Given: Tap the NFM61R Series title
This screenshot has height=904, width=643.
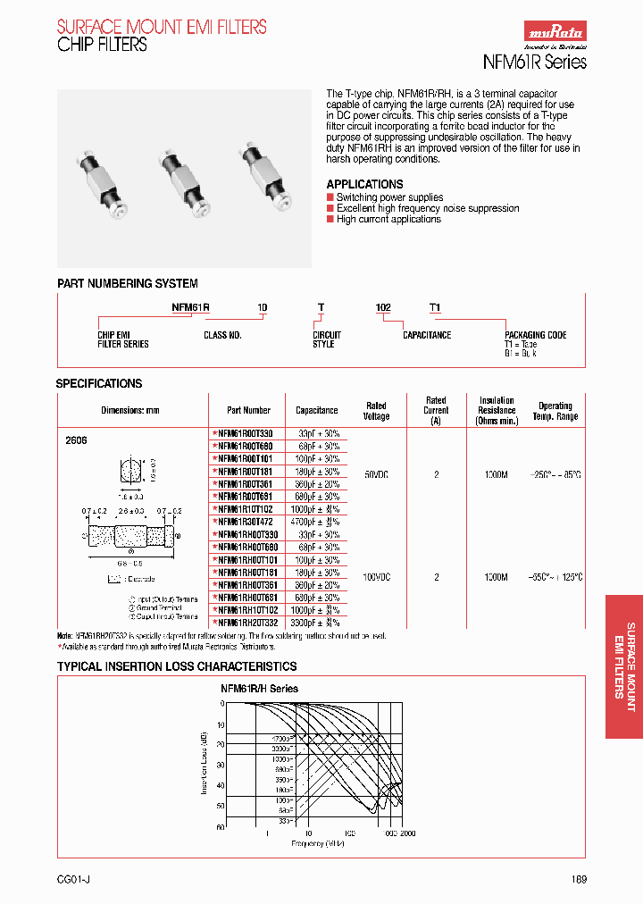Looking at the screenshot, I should (534, 62).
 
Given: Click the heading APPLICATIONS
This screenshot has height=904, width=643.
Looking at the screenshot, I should (364, 184).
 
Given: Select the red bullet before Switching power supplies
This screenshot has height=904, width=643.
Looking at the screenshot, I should (330, 197).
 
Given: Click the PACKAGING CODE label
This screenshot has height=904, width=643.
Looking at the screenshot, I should (535, 335).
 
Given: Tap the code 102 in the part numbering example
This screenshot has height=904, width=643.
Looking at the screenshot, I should (382, 307).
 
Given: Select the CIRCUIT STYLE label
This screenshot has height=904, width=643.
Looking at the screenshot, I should (327, 339).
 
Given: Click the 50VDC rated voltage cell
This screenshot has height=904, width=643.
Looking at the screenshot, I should (376, 475).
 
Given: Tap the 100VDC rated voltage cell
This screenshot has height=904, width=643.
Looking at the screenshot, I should (376, 577).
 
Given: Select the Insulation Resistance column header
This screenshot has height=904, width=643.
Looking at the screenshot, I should (497, 411).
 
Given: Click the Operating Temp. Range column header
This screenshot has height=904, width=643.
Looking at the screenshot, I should (555, 411).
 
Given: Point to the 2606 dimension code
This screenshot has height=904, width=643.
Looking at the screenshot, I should (77, 441).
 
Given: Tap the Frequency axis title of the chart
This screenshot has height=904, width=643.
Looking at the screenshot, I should (317, 843).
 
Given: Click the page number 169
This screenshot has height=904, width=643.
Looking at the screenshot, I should (579, 879).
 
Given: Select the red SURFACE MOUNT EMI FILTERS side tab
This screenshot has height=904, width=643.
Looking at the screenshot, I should (624, 666).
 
